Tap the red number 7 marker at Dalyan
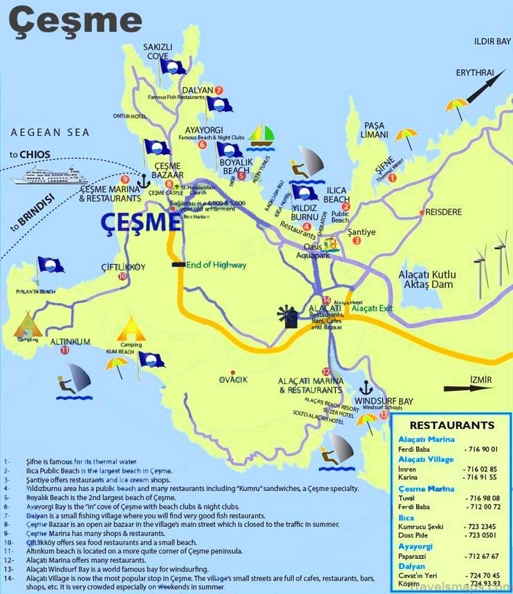click(x=218, y=90)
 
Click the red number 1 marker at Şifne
click(x=392, y=178)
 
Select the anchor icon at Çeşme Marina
click(x=144, y=181)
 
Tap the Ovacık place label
click(x=232, y=380)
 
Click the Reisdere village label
click(x=446, y=212)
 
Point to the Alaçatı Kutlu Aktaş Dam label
click(x=428, y=280)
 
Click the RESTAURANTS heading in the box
click(x=452, y=425)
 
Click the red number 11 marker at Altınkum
click(x=65, y=351)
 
